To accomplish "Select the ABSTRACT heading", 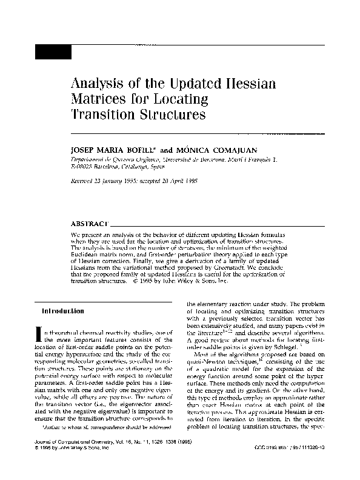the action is [x=90, y=224].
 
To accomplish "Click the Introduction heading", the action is [x=62, y=311].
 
